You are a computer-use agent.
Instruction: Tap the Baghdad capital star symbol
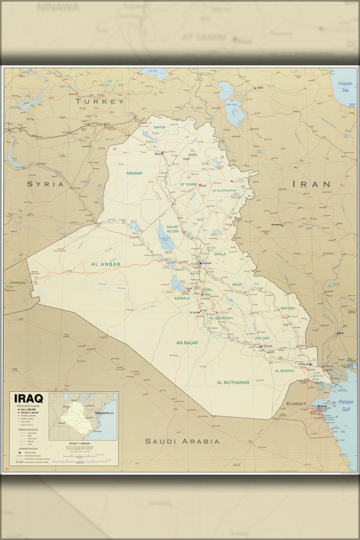200,263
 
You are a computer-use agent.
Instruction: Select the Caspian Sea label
345,86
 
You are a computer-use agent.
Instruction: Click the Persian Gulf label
346,405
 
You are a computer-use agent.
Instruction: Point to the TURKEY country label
100,101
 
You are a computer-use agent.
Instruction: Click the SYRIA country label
45,184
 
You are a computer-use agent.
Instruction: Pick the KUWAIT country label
296,404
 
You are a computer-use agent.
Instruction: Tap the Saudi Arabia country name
182,441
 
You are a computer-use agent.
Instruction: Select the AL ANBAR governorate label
106,264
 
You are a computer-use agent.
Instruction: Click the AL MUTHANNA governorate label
233,383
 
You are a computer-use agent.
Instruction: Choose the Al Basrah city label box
304,364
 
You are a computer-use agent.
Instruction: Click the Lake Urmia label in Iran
231,104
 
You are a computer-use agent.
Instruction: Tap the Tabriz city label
260,88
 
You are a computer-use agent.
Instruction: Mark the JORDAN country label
17,282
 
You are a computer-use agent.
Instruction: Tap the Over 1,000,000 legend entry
30,410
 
